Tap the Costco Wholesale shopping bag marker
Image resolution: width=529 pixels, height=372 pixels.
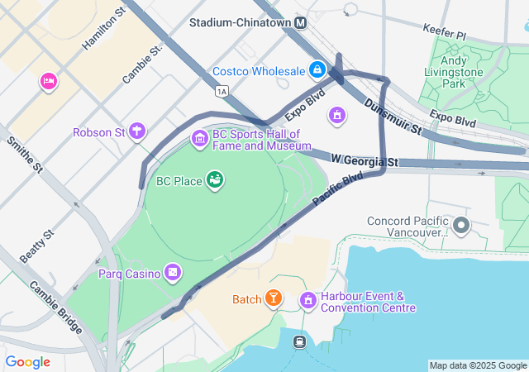click(317, 70)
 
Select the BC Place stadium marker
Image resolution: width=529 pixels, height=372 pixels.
click(215, 180)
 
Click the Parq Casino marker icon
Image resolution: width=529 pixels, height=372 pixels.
click(172, 272)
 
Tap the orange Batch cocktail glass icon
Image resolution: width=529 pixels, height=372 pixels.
click(273, 298)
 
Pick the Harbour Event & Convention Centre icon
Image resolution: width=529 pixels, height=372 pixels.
click(308, 299)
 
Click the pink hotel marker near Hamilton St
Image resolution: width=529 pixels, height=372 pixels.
click(48, 81)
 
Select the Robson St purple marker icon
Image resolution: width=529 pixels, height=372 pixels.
click(137, 131)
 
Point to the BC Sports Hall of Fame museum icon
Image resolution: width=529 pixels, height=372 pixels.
click(199, 138)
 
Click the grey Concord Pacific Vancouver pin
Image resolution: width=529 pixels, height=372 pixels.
click(460, 225)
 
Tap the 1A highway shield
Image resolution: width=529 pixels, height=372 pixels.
click(220, 90)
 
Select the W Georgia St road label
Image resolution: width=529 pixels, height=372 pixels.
click(365, 159)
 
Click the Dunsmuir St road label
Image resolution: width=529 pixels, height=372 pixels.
click(393, 117)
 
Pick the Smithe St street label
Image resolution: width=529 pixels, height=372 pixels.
click(24, 155)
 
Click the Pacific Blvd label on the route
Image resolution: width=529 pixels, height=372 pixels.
click(338, 190)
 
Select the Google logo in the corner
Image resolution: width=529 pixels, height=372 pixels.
click(27, 362)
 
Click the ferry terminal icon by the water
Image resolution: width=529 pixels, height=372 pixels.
click(298, 341)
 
